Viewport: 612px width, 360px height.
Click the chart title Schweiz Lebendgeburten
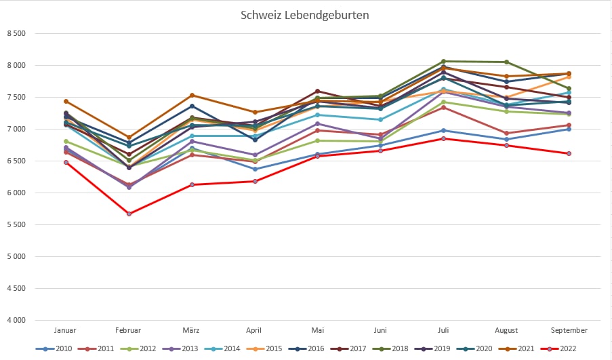(305, 14)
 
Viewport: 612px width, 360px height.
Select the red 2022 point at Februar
(129, 214)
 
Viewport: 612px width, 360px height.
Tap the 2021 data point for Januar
(66, 101)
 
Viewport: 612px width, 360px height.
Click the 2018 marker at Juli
(443, 61)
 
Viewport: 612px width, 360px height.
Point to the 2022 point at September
(569, 153)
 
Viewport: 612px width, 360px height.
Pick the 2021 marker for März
(192, 96)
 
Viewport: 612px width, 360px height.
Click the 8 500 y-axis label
(16, 33)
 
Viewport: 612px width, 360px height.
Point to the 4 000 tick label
(16, 320)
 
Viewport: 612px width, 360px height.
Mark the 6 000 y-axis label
(16, 193)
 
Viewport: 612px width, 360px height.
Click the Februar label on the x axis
(129, 330)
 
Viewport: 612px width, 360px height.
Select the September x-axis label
(569, 330)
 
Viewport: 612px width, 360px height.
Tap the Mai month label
(317, 330)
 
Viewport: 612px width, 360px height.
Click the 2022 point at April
(255, 181)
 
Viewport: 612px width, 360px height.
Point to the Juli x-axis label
(443, 330)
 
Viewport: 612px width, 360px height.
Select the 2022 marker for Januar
(66, 162)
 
